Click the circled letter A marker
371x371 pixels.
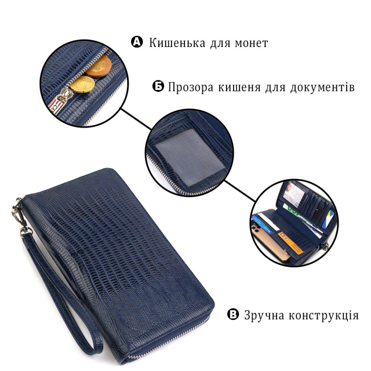click(x=137, y=42)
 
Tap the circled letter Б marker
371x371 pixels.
click(x=158, y=86)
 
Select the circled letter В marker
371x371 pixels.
click(x=233, y=315)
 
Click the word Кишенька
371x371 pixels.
click(x=177, y=43)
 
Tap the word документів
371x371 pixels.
click(x=322, y=87)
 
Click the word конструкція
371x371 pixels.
click(x=323, y=315)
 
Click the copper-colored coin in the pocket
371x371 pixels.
click(x=99, y=67)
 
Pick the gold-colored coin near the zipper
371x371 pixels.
click(x=82, y=85)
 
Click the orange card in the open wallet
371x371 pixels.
click(x=290, y=242)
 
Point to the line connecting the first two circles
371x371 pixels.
click(x=137, y=119)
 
